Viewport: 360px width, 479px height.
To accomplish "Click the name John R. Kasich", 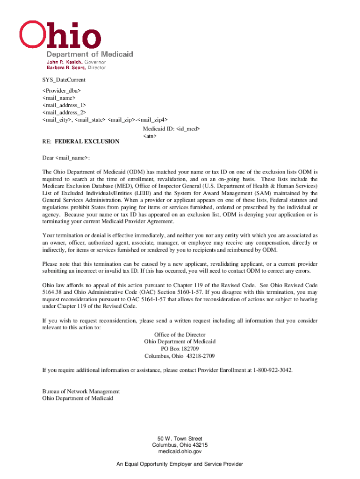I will coord(64,62).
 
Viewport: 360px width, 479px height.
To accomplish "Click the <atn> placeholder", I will coord(150,136).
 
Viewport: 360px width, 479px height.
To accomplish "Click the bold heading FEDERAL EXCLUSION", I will coord(87,141).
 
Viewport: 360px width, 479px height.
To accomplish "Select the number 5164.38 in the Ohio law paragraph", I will coord(51,292).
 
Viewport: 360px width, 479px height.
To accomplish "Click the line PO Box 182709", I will coord(180,349).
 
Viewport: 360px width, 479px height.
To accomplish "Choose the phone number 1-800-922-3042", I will coord(273,370).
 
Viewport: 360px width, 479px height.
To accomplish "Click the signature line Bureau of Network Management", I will coord(81,392).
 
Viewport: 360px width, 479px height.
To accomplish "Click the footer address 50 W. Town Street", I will coord(180,439).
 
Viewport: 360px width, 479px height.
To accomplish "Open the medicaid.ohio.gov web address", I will coord(180,452).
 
